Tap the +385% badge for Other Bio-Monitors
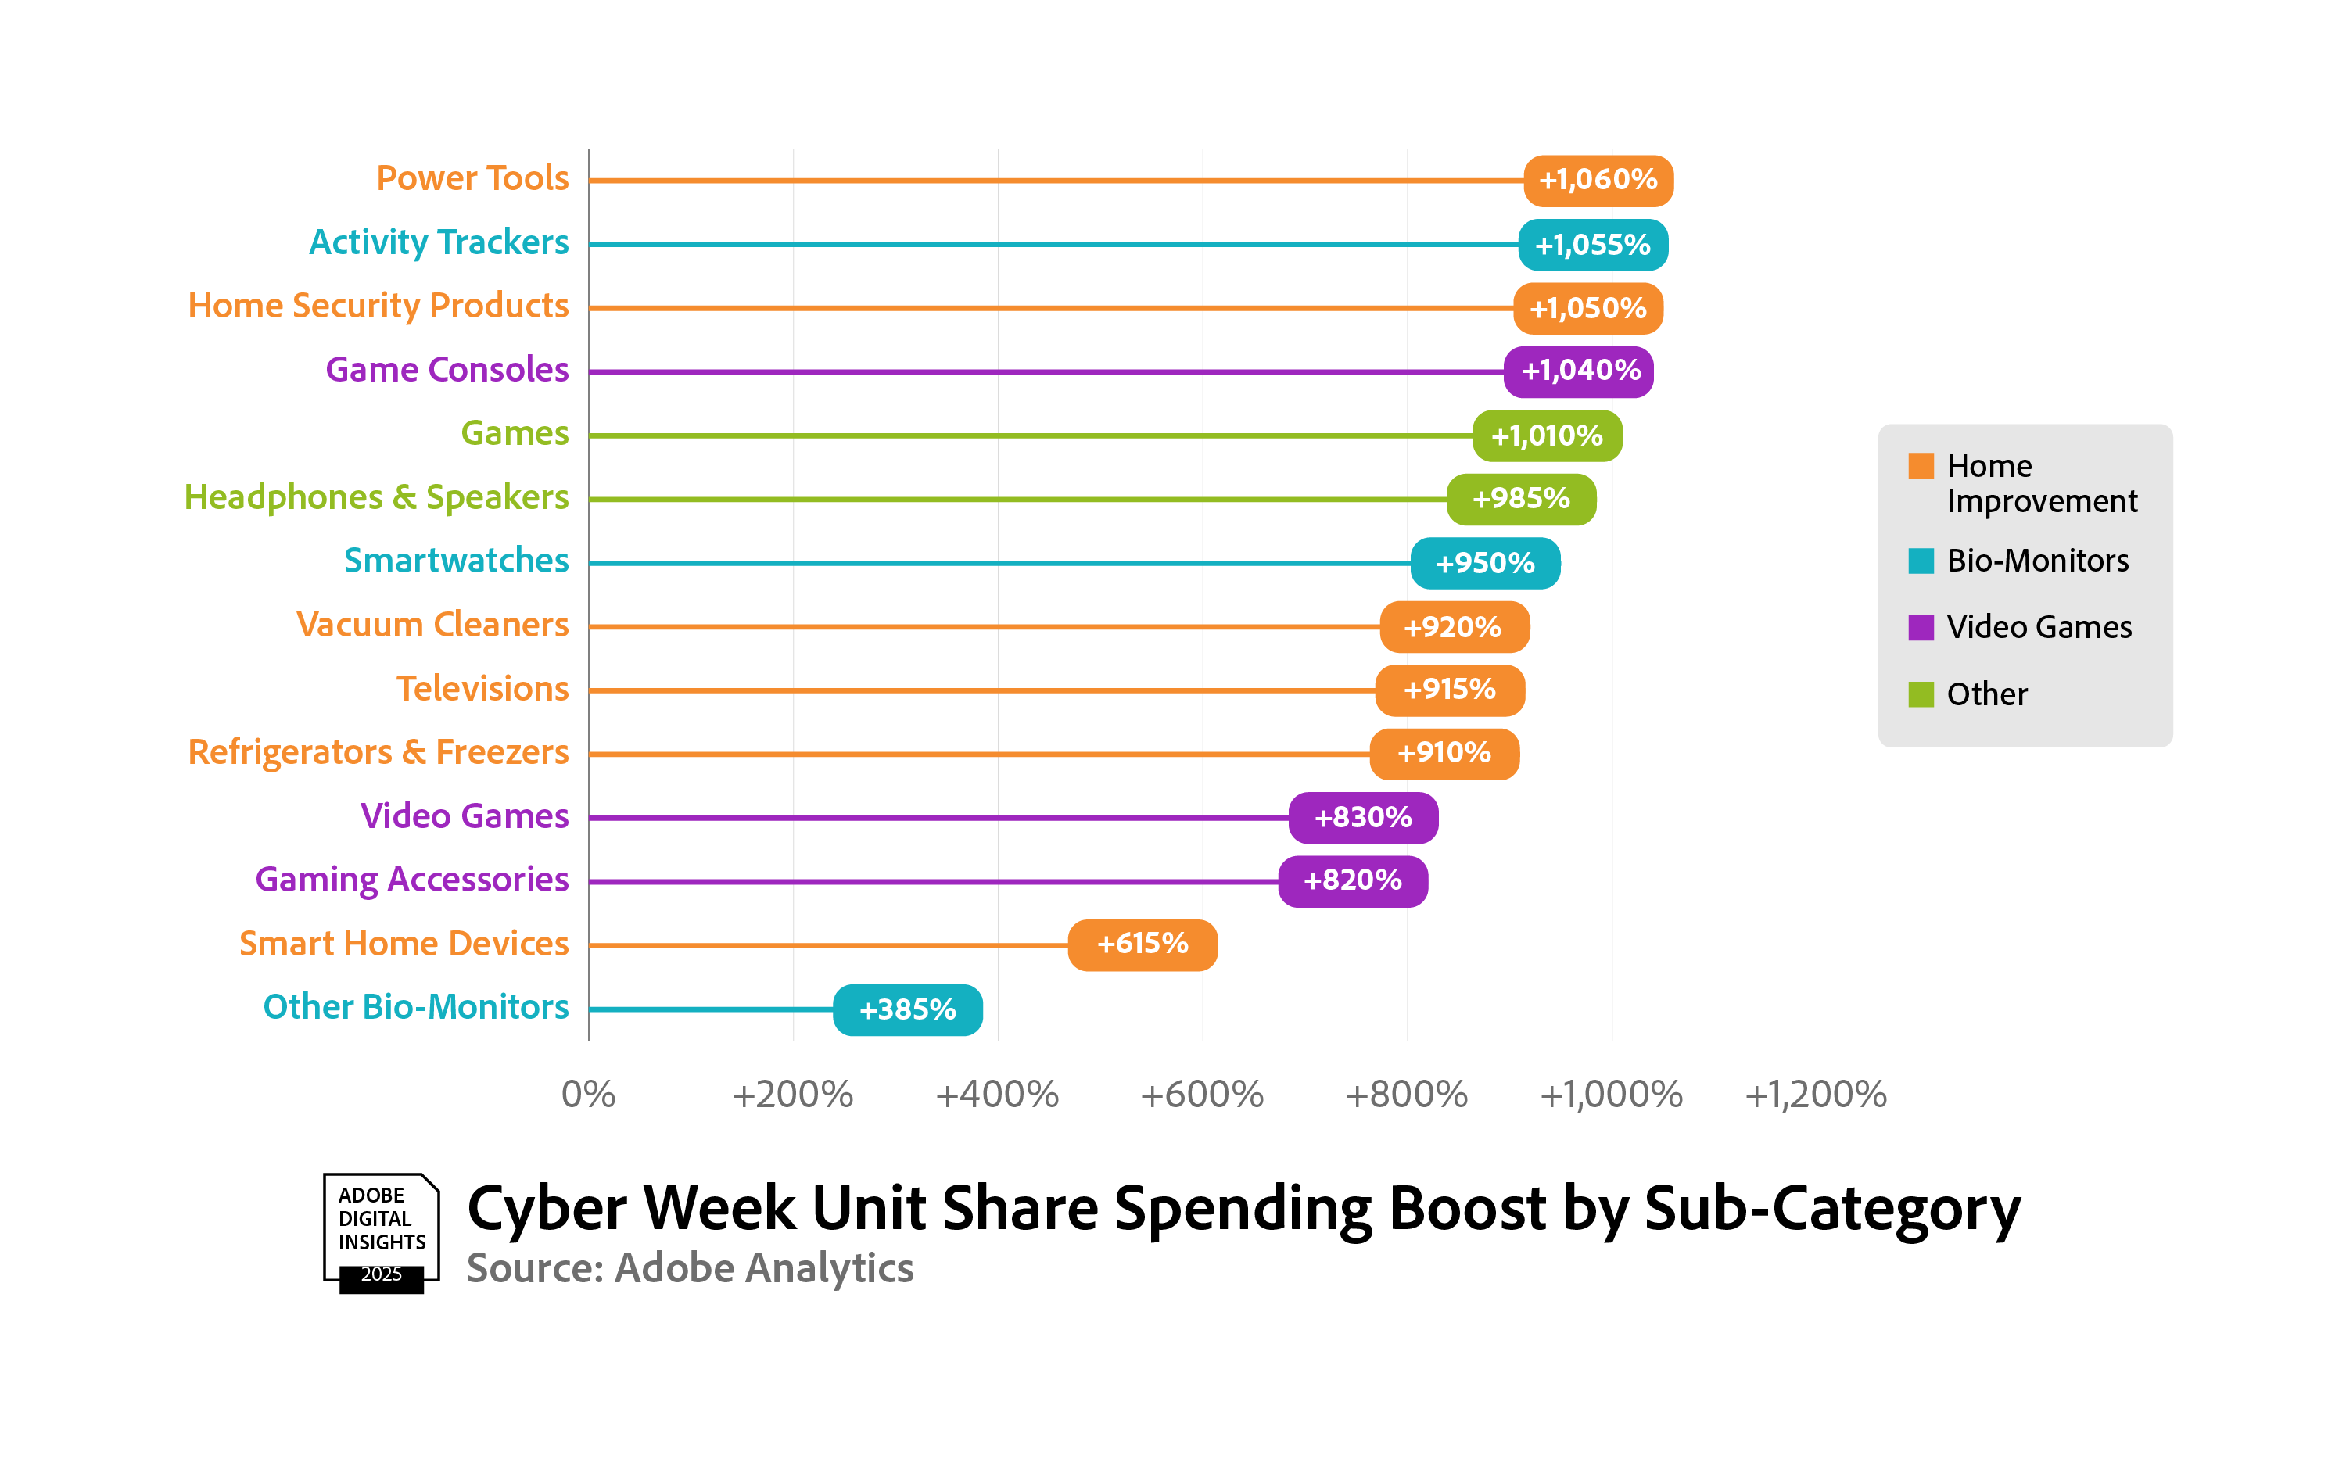pyautogui.click(x=907, y=1009)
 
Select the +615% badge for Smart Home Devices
pyautogui.click(x=1142, y=944)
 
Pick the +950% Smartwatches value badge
pyautogui.click(x=1484, y=562)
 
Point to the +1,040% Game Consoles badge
pyautogui.click(x=1578, y=371)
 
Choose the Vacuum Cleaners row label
pyautogui.click(x=432, y=625)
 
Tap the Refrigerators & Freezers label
pyautogui.click(x=378, y=752)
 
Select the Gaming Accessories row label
pyautogui.click(x=411, y=880)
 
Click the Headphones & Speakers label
pyautogui.click(x=376, y=497)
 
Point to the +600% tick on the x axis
pyautogui.click(x=1202, y=1095)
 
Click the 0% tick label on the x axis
pyautogui.click(x=587, y=1095)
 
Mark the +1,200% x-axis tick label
pyautogui.click(x=1816, y=1095)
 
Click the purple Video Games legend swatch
pyautogui.click(x=1921, y=627)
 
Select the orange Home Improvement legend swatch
pyautogui.click(x=1921, y=466)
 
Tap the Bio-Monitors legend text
pyautogui.click(x=2038, y=561)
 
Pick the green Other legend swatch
pyautogui.click(x=1921, y=694)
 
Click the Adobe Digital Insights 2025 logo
pyautogui.click(x=381, y=1232)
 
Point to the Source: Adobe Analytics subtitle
pyautogui.click(x=689, y=1268)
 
